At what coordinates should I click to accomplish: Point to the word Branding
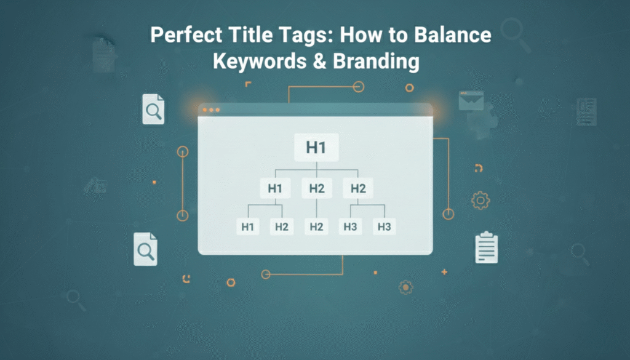(x=376, y=62)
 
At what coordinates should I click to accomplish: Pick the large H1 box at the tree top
(x=316, y=148)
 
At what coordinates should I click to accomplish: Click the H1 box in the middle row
(x=275, y=188)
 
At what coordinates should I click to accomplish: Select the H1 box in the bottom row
(x=247, y=226)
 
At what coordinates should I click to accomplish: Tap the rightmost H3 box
(x=384, y=226)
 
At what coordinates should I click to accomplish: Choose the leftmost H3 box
(x=350, y=226)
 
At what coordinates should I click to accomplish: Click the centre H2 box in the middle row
(x=317, y=188)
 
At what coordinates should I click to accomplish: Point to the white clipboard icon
(x=486, y=247)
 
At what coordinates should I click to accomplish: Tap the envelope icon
(x=471, y=100)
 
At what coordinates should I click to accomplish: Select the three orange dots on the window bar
(x=211, y=110)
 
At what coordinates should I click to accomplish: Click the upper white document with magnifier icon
(x=153, y=110)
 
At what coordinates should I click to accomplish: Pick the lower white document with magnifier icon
(x=145, y=249)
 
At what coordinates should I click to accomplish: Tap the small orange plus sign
(x=444, y=272)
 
